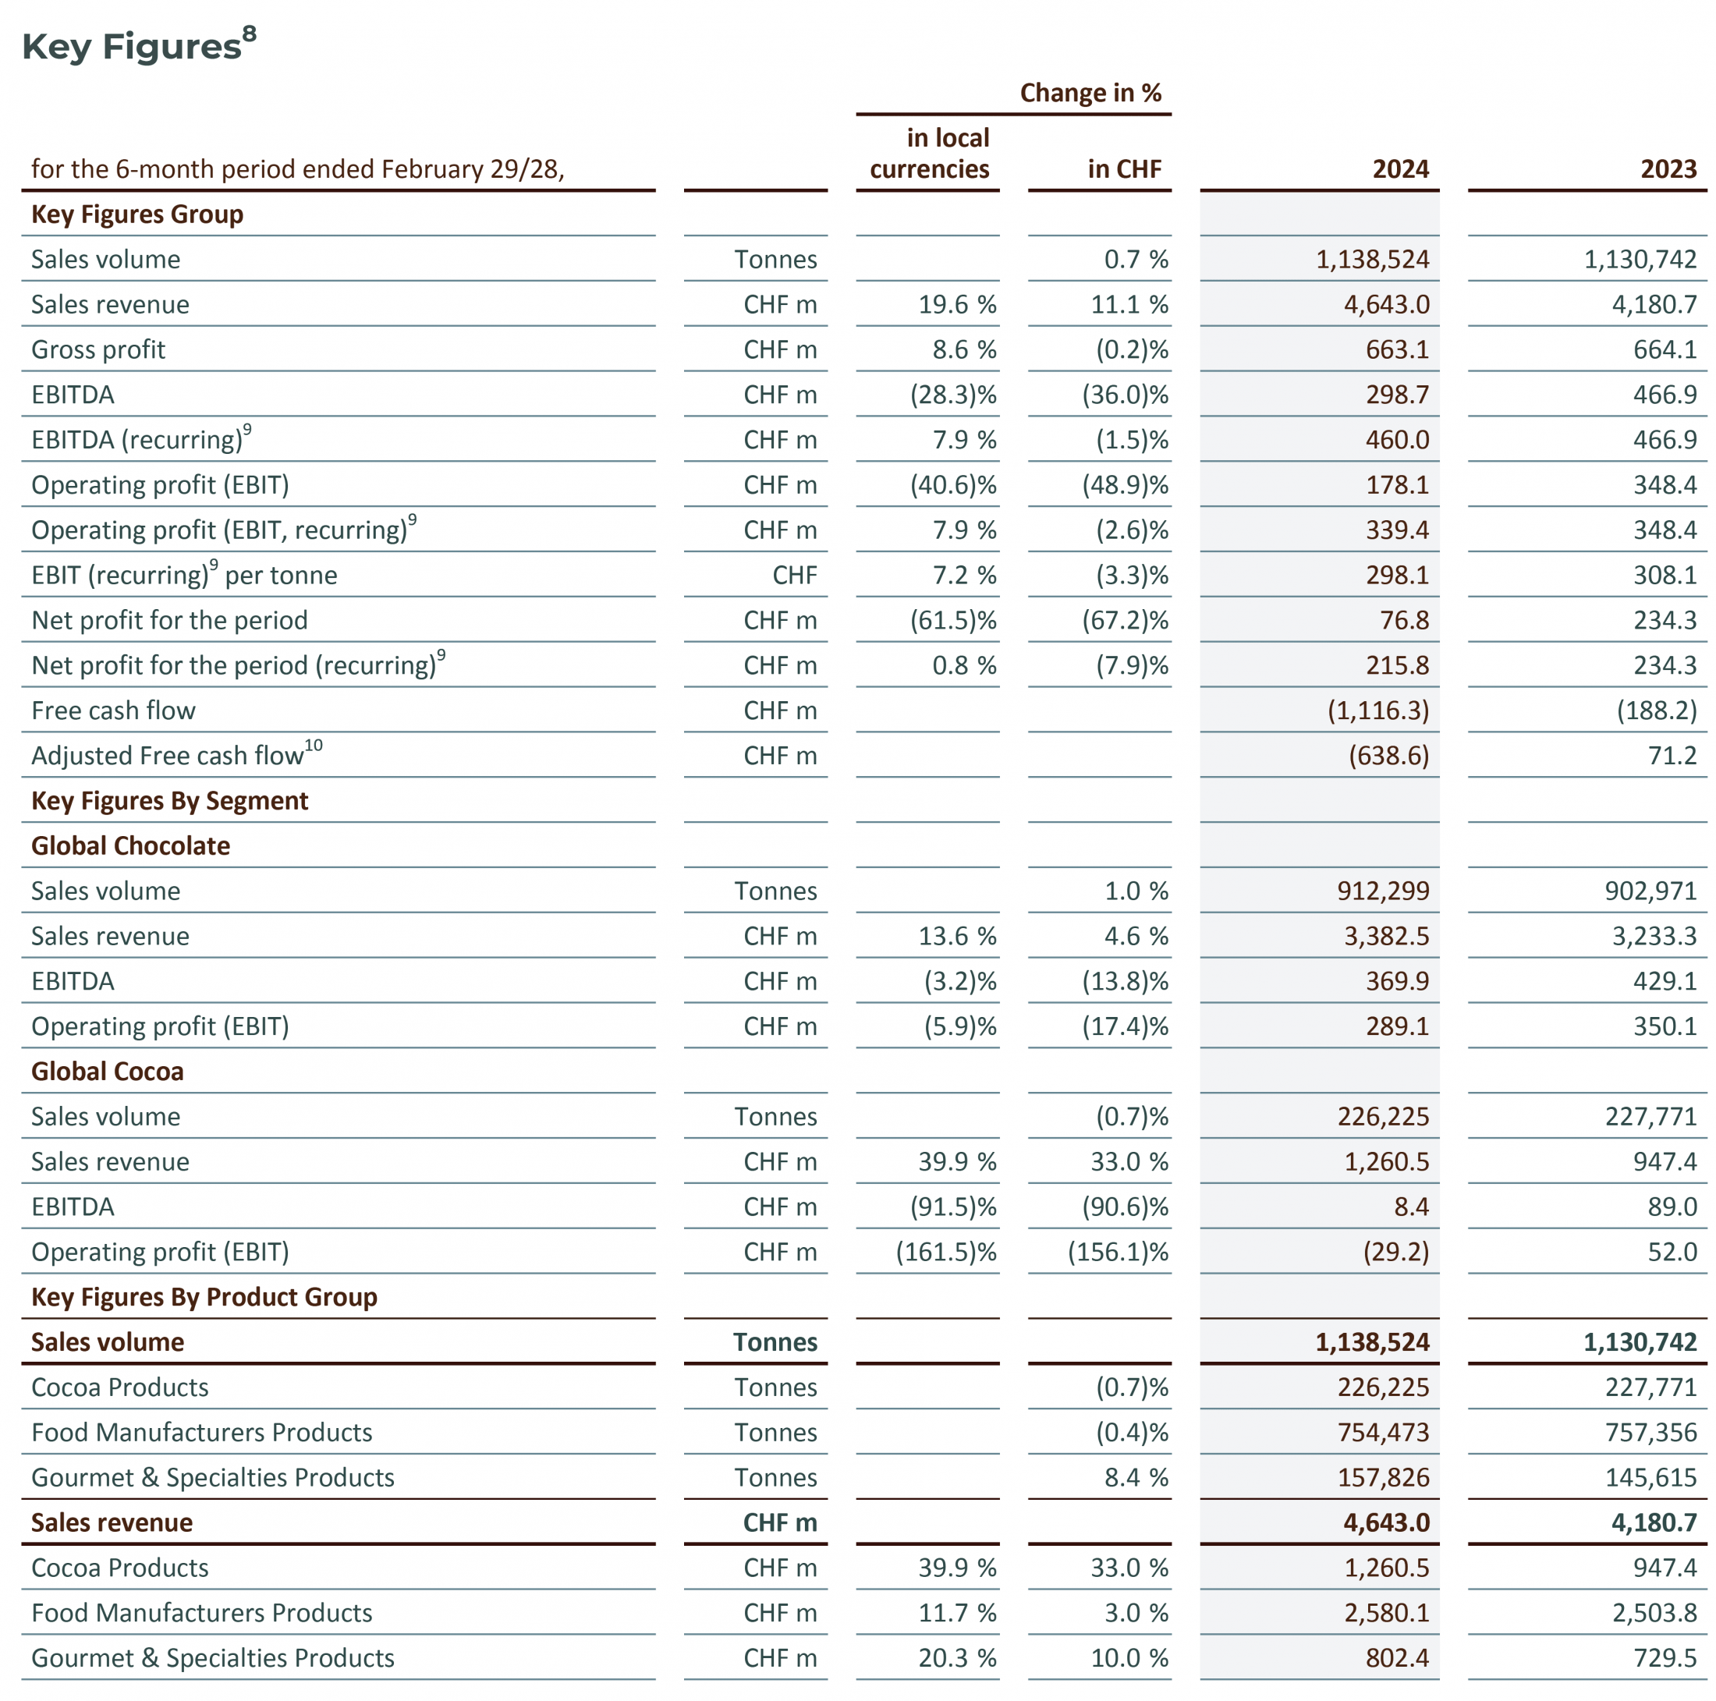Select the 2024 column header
1401,168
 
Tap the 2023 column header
1669,168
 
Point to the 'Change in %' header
1090,92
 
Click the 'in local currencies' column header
929,153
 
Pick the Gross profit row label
97,349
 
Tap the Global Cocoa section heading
108,1072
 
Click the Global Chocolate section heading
130,845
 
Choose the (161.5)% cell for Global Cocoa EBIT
946,1252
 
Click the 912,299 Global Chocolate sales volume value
1383,891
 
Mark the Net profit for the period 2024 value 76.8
1404,620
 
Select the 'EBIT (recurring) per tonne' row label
184,574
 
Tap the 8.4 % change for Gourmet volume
1136,1477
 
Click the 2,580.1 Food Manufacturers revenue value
1387,1612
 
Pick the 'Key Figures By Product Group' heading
204,1297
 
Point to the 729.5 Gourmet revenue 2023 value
1665,1657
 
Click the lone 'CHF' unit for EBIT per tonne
794,575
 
